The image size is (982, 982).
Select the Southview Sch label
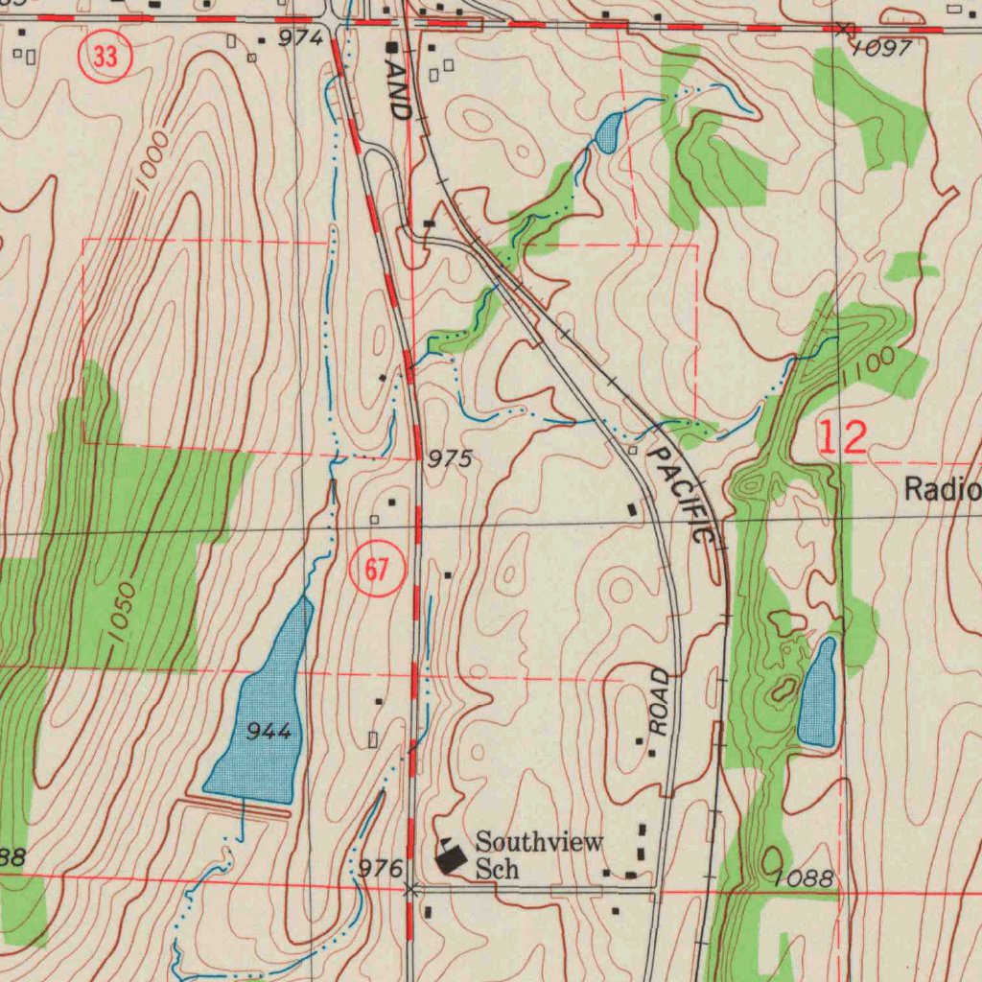539,855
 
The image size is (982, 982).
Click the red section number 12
843,437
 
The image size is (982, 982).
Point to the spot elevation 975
450,460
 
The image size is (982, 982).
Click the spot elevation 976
380,869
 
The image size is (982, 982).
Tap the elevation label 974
301,38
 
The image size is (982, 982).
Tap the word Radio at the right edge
942,491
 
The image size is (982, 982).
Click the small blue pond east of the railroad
817,692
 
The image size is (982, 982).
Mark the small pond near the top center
607,132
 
